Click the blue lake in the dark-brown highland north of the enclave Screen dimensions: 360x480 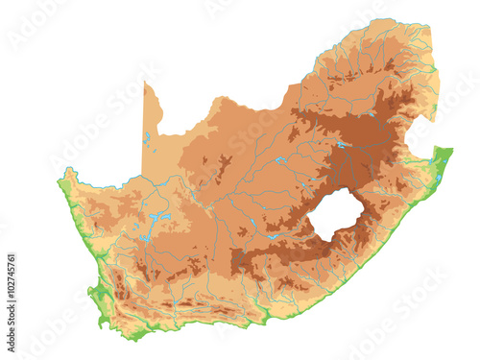(341, 145)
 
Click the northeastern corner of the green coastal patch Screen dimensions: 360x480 (450, 149)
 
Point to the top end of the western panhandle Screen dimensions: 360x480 (146, 84)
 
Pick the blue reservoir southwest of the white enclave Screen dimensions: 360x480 (274, 235)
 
